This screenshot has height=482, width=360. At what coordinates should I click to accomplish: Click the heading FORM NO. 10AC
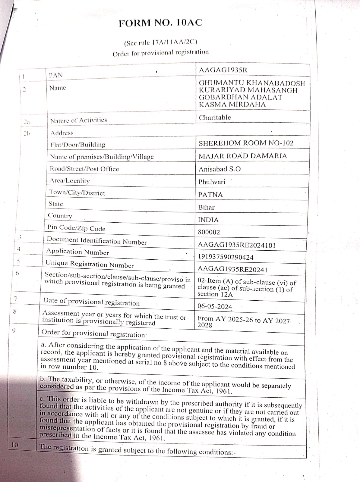coord(160,23)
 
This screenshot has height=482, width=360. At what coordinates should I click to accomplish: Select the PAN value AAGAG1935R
coord(223,70)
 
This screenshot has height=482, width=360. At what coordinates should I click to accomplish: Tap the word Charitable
coord(215,117)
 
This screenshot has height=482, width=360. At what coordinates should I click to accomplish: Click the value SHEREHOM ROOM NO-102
coord(246,143)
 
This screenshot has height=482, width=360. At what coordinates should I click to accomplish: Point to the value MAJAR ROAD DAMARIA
coord(243,156)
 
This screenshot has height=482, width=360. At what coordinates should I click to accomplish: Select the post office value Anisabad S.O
coord(219,169)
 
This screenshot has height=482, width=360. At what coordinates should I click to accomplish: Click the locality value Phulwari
coord(212,182)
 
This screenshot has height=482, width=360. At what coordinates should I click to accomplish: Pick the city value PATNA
coord(210,195)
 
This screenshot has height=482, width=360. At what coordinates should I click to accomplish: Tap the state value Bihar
coord(206,208)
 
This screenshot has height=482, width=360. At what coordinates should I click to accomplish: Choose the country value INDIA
coord(208,220)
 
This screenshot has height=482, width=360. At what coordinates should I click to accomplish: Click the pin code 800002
coord(209,232)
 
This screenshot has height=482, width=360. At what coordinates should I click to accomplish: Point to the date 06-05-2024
coord(215,307)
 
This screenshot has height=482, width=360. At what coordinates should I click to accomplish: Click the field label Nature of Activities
coord(78,120)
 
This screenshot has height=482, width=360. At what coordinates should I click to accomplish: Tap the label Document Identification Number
coord(96,241)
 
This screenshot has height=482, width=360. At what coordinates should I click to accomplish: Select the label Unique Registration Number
coord(89,264)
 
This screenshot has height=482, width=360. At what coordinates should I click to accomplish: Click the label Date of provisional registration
coord(91,302)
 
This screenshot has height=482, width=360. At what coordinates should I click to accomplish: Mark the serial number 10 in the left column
coord(15,445)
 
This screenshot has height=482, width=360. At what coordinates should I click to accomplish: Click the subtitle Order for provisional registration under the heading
coord(160,53)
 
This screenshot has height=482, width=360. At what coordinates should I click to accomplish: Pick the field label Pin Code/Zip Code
coord(76,228)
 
